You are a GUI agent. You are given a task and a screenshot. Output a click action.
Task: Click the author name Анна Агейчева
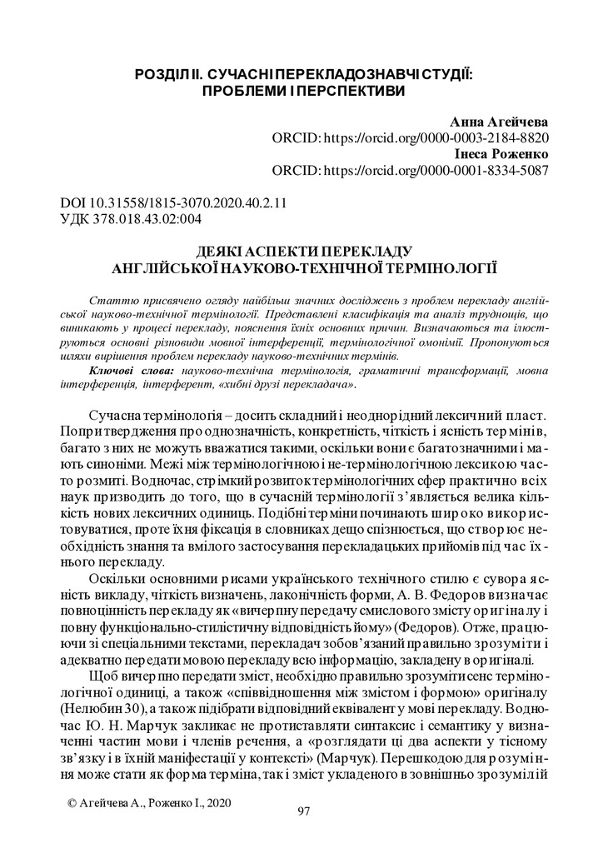499,122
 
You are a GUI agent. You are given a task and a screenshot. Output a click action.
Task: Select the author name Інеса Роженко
502,155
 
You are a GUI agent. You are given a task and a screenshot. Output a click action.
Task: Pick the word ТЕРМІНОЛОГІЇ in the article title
444,267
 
